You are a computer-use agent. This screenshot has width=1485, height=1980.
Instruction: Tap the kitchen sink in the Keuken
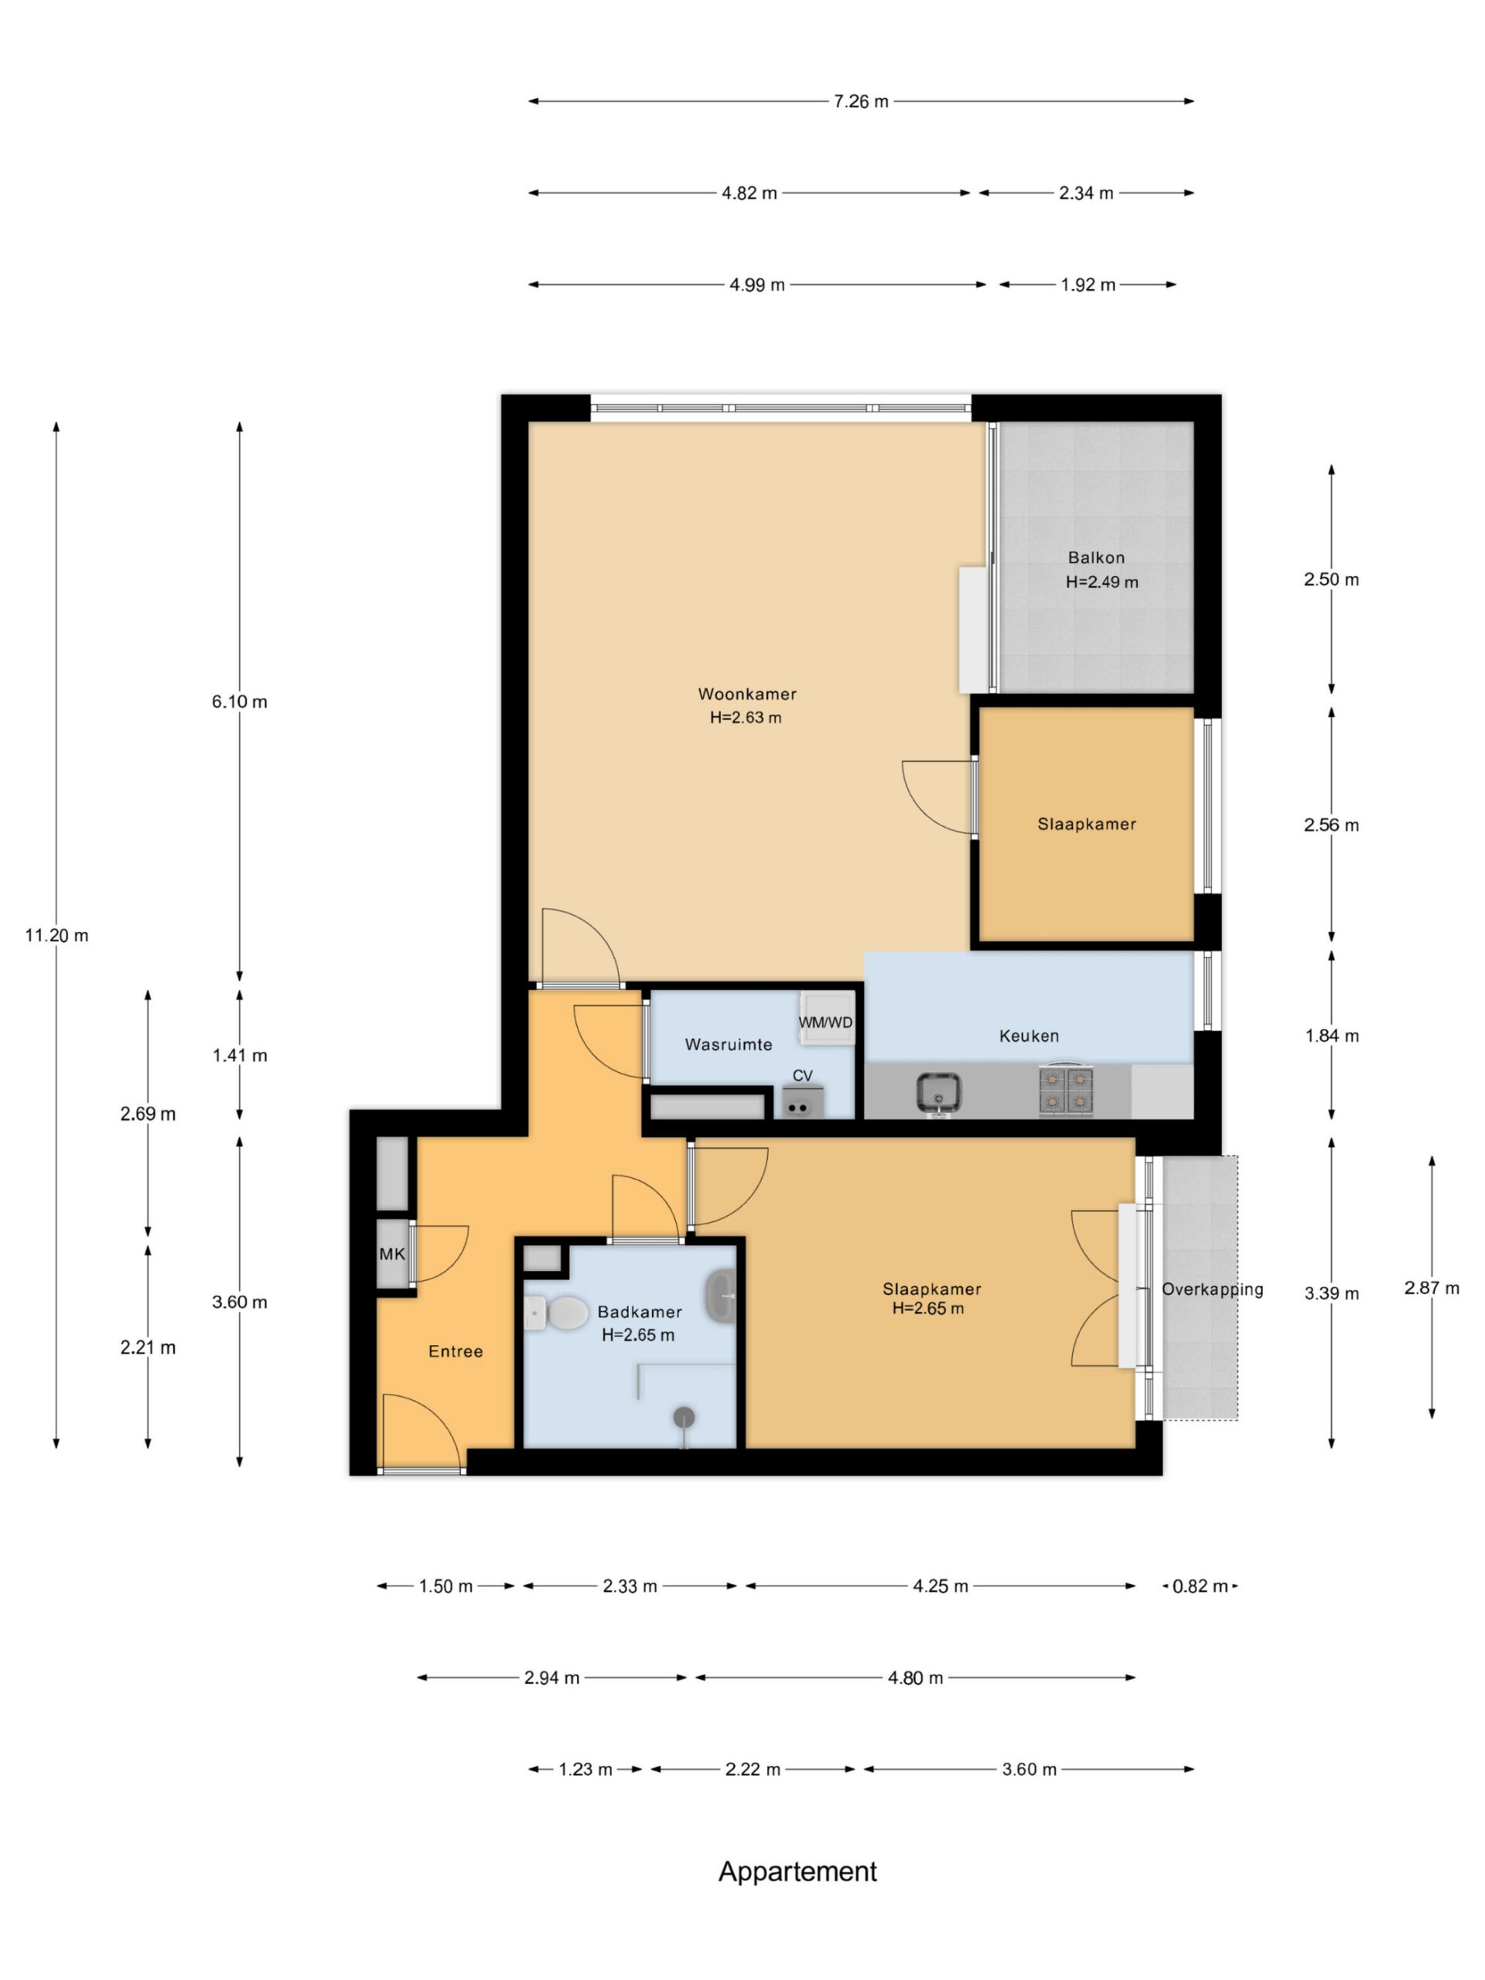click(938, 1093)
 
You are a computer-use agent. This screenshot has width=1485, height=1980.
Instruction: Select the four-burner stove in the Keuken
click(1066, 1091)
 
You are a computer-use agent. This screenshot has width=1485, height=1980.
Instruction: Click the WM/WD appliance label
click(825, 1022)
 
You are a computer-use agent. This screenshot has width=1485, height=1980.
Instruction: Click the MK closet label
click(392, 1254)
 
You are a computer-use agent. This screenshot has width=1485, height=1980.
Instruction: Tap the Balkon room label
click(1096, 558)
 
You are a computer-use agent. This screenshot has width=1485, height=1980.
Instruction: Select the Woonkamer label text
click(746, 694)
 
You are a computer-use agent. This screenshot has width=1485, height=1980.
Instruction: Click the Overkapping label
click(1212, 1290)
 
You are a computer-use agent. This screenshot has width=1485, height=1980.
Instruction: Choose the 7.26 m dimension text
click(861, 102)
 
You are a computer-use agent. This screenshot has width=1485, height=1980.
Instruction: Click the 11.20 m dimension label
click(56, 935)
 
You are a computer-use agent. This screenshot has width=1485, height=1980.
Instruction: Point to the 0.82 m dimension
click(1200, 1586)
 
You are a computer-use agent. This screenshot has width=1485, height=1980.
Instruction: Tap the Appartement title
click(797, 1872)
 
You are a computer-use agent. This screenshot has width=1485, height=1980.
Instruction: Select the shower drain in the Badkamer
click(684, 1416)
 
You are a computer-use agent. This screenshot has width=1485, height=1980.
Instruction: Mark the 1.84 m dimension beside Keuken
click(1331, 1036)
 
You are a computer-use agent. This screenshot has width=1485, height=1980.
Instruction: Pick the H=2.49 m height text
click(1102, 582)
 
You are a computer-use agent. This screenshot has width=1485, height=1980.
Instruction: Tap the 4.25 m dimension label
click(940, 1586)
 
